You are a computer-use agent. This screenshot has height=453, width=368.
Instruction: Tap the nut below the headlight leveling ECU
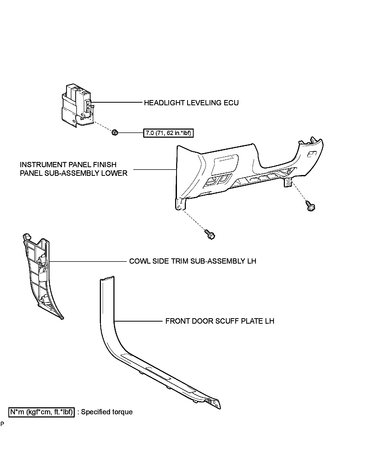(114, 132)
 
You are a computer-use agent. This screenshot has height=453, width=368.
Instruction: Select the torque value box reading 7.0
(169, 133)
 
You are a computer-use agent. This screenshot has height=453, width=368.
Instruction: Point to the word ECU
(231, 103)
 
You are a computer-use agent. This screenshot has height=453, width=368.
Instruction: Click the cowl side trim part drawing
(39, 274)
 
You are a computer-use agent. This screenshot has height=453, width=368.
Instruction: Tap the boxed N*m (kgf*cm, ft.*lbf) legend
(42, 412)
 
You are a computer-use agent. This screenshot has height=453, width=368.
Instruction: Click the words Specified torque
(107, 412)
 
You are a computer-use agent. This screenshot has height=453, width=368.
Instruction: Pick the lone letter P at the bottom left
(2, 424)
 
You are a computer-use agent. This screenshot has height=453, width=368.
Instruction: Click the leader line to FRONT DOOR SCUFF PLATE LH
(139, 321)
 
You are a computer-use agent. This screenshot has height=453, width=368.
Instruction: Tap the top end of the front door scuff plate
(107, 278)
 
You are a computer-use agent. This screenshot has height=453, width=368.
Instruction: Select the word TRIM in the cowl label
(179, 261)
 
